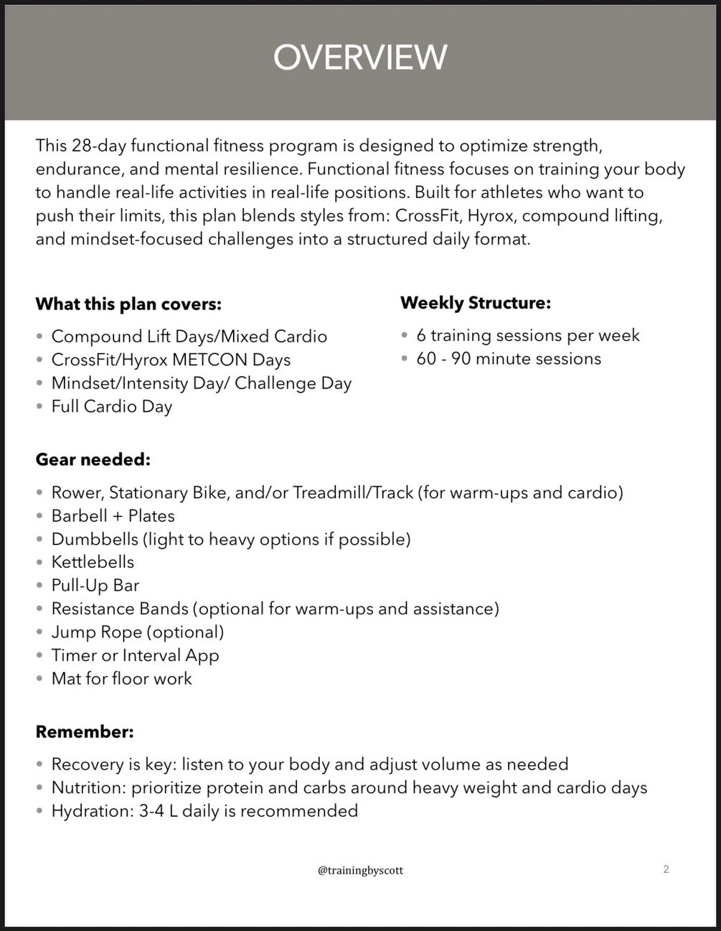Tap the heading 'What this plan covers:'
(x=128, y=304)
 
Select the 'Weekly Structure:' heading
(x=476, y=303)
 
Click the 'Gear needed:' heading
(x=93, y=459)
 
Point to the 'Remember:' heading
(x=85, y=732)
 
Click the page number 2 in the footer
(x=666, y=870)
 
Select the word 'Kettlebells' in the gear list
(x=93, y=562)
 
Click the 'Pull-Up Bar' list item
(x=95, y=585)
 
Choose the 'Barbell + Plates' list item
(x=113, y=516)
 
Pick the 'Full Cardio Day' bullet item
(x=112, y=407)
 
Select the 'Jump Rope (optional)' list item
(x=138, y=632)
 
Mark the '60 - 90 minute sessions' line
(x=509, y=359)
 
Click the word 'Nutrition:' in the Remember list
(x=88, y=788)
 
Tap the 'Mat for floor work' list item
(x=122, y=678)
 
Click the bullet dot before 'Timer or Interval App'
(x=40, y=656)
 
